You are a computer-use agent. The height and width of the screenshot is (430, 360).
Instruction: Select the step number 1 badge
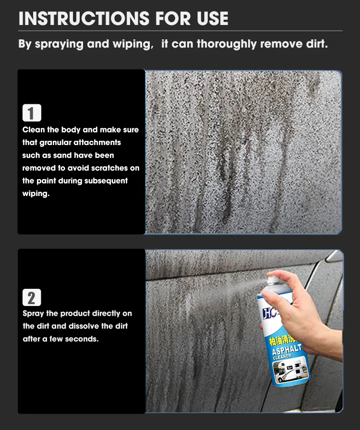[32, 113]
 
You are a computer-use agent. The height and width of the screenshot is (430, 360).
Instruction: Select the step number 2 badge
[32, 297]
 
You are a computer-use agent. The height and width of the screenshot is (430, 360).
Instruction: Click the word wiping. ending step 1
[36, 194]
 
